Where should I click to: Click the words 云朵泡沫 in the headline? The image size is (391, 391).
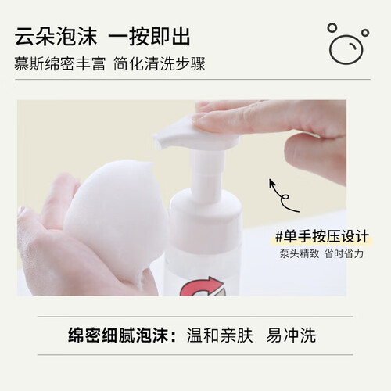click(x=56, y=36)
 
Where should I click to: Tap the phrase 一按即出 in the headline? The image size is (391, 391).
click(x=149, y=36)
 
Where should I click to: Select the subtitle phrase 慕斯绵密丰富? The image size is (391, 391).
click(x=59, y=64)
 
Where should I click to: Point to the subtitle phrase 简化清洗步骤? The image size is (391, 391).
click(x=160, y=64)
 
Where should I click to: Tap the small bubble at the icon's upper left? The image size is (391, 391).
click(x=332, y=28)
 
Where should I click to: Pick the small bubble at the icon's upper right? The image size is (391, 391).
click(x=365, y=33)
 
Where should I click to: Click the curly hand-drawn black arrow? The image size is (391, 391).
click(x=283, y=198)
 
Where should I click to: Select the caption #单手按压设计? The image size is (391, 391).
click(x=322, y=237)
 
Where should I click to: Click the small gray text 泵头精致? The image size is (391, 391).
click(x=300, y=253)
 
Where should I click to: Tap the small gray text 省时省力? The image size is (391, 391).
click(x=344, y=253)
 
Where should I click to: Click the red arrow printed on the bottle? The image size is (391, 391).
click(x=201, y=287)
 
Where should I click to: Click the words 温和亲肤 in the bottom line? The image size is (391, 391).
click(x=220, y=335)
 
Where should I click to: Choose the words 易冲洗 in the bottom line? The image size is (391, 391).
click(x=291, y=335)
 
